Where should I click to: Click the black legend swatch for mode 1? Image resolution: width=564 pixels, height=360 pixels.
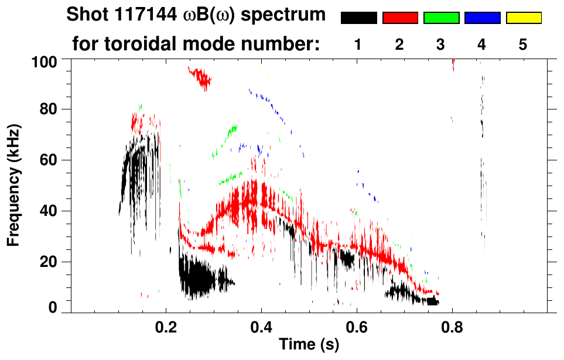358,18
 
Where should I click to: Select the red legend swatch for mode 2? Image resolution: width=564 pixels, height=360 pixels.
400,18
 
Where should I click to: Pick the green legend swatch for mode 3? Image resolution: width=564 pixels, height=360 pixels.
441,18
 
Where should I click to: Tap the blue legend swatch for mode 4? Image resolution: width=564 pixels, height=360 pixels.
482,18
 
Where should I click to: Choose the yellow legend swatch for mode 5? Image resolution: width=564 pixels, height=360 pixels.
524,18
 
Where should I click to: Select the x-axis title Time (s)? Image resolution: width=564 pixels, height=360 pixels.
309,345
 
